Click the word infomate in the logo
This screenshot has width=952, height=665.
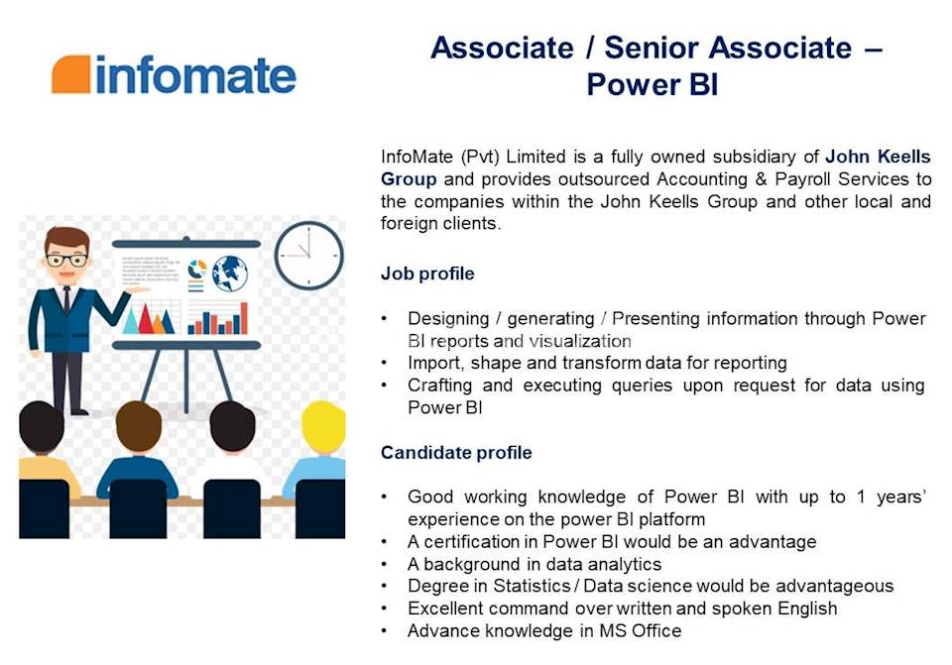point(195,75)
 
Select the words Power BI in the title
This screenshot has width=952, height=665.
point(652,85)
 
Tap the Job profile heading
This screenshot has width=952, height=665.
point(427,274)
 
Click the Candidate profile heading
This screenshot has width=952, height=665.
point(456,453)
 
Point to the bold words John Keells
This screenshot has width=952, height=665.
point(878,157)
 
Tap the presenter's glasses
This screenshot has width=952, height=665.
point(66,261)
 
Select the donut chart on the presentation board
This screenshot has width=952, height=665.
point(197,269)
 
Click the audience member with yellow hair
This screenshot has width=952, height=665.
point(323,426)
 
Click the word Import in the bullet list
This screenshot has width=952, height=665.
point(433,363)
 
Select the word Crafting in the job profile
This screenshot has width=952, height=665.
point(440,385)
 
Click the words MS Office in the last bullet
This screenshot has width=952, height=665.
point(643,630)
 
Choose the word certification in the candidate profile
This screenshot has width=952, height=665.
point(467,542)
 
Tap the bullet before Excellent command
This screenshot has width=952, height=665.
point(385,609)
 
